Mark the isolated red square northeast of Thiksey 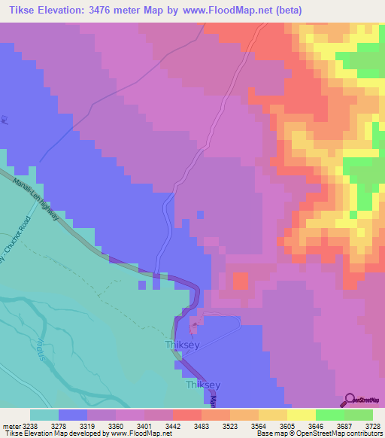pos(241,281)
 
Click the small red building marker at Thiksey pos(194,327)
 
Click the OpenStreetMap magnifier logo pos(348,400)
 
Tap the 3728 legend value pos(372,426)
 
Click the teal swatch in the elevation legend pos(44,415)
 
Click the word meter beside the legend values pos(9,426)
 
